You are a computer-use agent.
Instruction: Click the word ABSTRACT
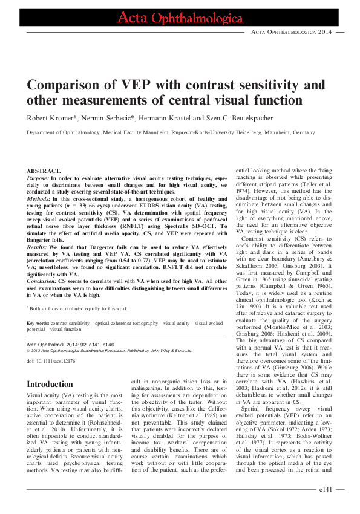click(44, 172)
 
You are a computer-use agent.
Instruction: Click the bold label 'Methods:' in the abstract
click(41, 199)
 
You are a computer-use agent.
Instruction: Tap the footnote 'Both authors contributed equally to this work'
click(79, 308)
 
